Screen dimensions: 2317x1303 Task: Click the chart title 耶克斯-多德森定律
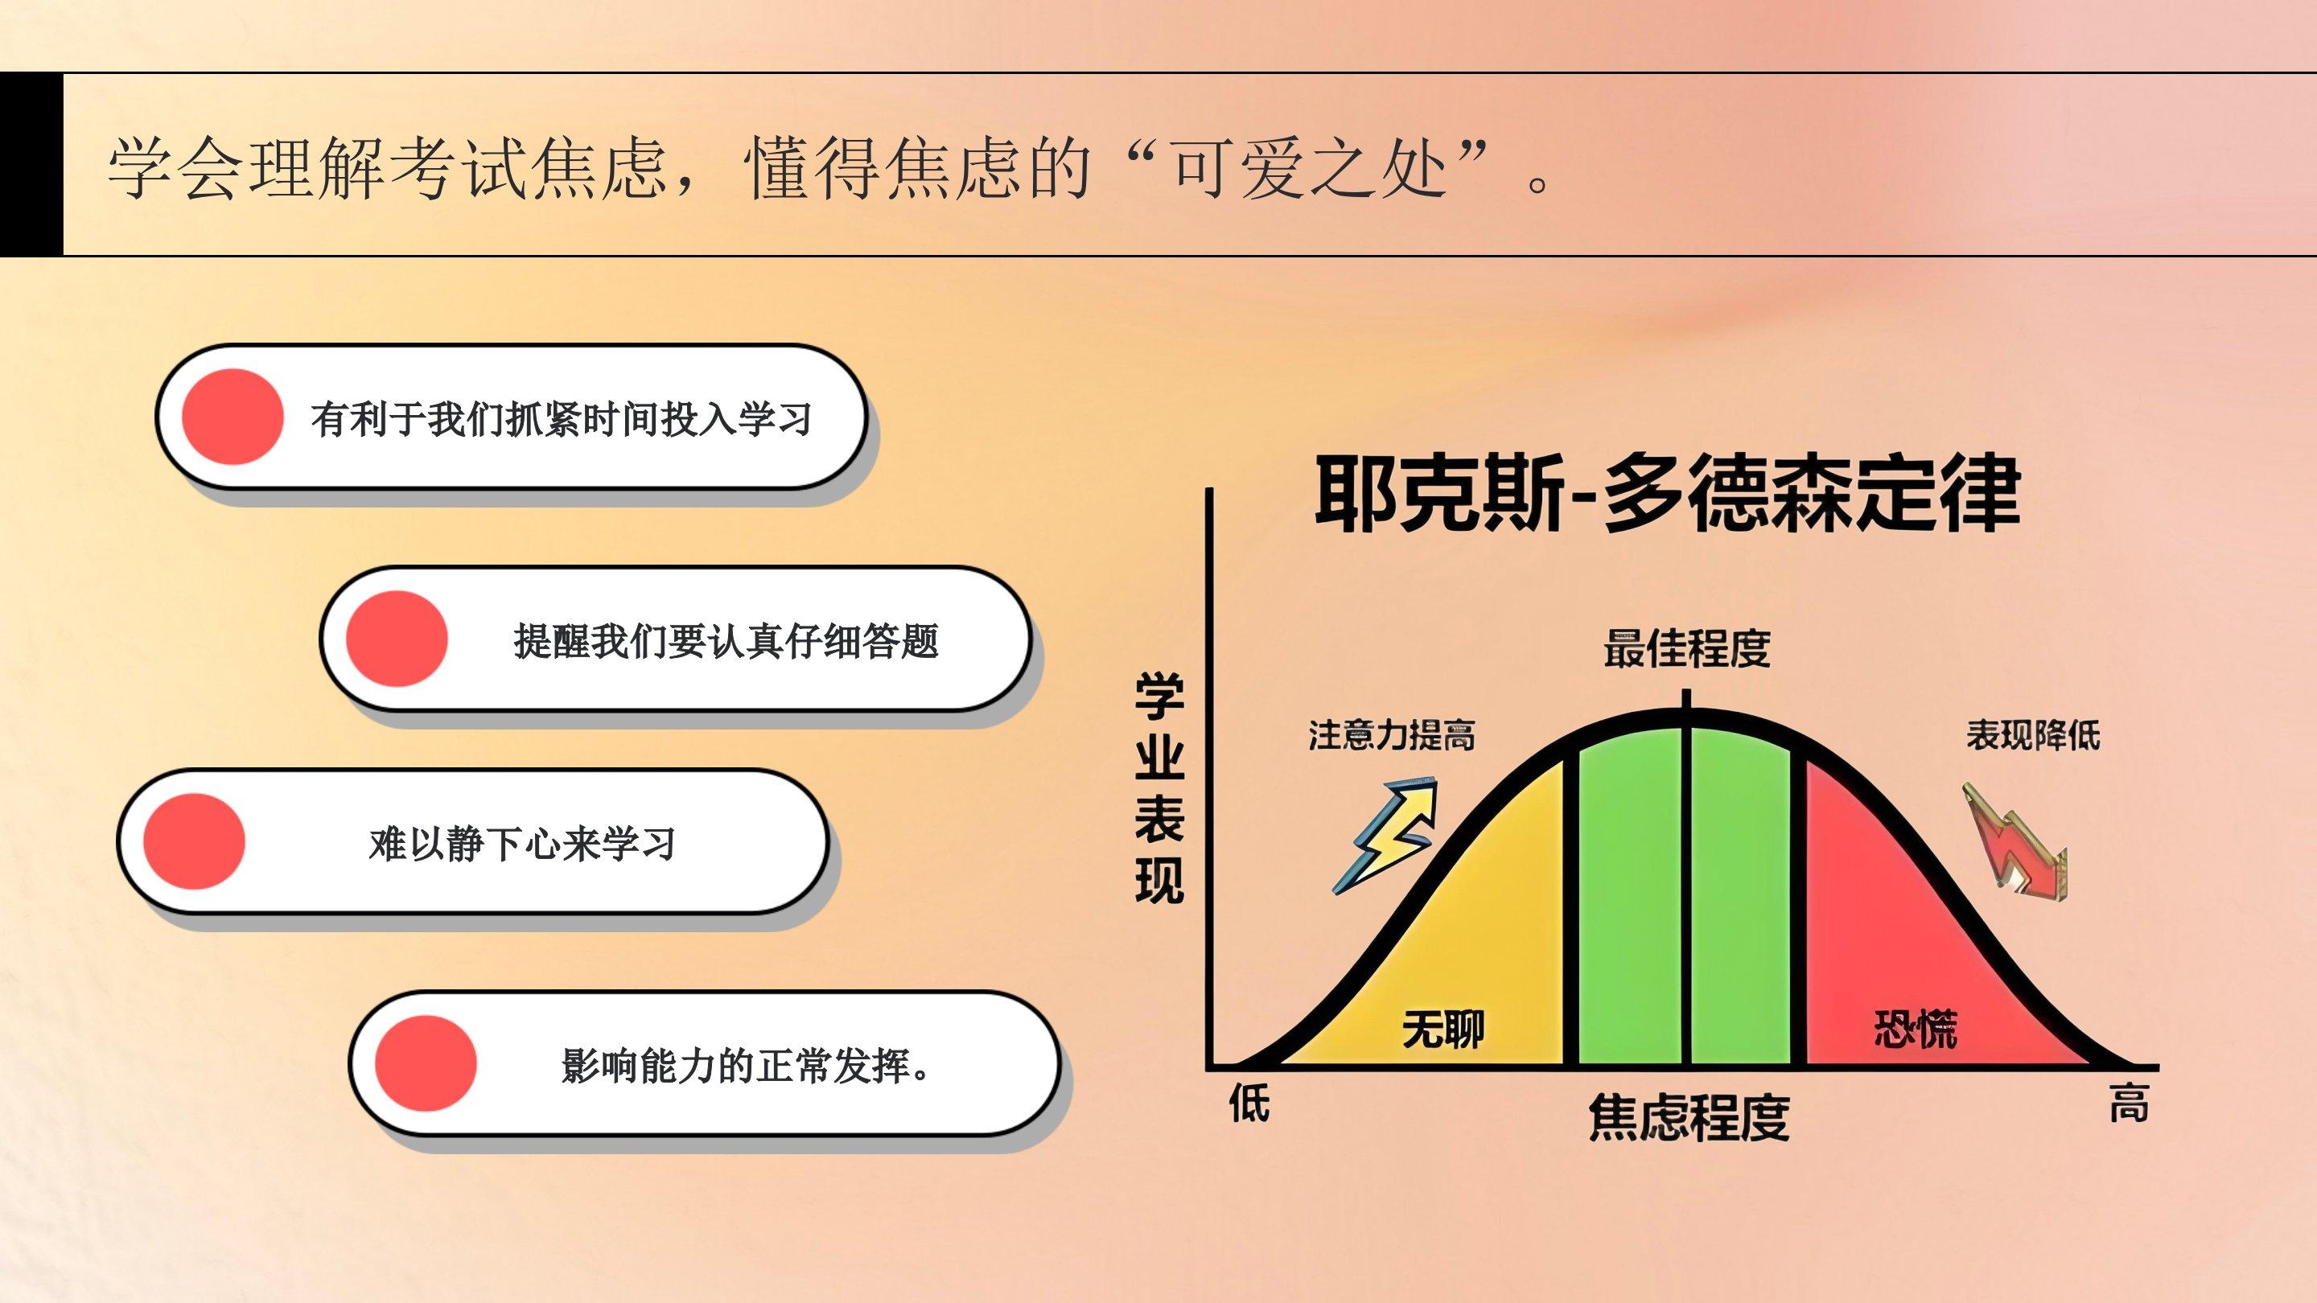pyautogui.click(x=1668, y=495)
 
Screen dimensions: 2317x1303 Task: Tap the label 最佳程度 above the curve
pyautogui.click(x=1686, y=648)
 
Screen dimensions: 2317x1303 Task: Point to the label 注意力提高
pyautogui.click(x=1392, y=736)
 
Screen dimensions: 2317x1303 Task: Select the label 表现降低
pyautogui.click(x=2032, y=736)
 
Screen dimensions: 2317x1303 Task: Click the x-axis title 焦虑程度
pyautogui.click(x=1689, y=1118)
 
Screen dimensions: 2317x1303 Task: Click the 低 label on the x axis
pyautogui.click(x=1249, y=1104)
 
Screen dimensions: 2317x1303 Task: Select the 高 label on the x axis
pyautogui.click(x=2129, y=1104)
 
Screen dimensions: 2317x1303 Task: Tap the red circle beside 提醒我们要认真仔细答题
pyautogui.click(x=397, y=639)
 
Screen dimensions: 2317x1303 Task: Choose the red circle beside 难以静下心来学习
pyautogui.click(x=193, y=841)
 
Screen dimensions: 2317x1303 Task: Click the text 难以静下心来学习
pyautogui.click(x=521, y=845)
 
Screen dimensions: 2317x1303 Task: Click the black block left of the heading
pyautogui.click(x=31, y=163)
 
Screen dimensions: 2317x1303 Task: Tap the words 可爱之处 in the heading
pyautogui.click(x=1308, y=168)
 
